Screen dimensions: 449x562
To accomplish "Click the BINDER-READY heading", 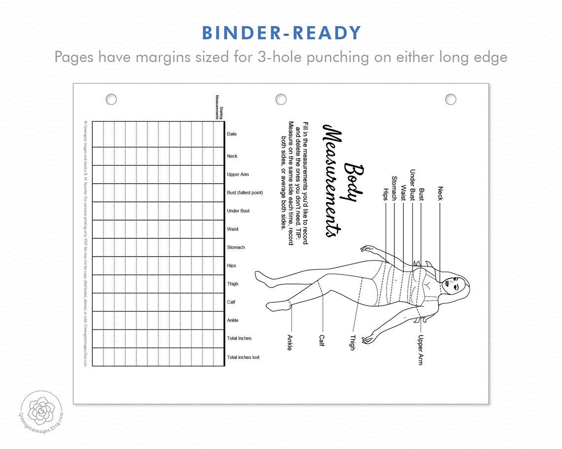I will click(281, 32).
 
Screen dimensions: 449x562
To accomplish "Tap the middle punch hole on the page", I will click(281, 99).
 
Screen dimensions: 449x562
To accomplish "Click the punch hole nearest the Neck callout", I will click(451, 99).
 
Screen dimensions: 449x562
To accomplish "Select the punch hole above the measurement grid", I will click(111, 99).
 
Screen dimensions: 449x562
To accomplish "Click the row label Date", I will click(232, 134).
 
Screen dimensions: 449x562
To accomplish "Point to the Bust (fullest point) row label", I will click(245, 192).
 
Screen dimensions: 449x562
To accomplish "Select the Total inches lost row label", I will click(243, 357).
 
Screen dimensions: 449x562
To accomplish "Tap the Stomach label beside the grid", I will click(236, 247).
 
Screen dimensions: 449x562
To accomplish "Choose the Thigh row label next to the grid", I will click(233, 284).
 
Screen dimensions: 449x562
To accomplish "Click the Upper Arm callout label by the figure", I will click(420, 350).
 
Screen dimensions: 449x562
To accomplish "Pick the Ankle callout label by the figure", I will click(289, 342).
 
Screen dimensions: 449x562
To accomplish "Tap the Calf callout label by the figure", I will click(321, 340).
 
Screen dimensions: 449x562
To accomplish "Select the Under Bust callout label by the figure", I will click(413, 185).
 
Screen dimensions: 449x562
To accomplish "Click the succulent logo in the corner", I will click(42, 410).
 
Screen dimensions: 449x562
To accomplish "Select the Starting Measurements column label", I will click(218, 107).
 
